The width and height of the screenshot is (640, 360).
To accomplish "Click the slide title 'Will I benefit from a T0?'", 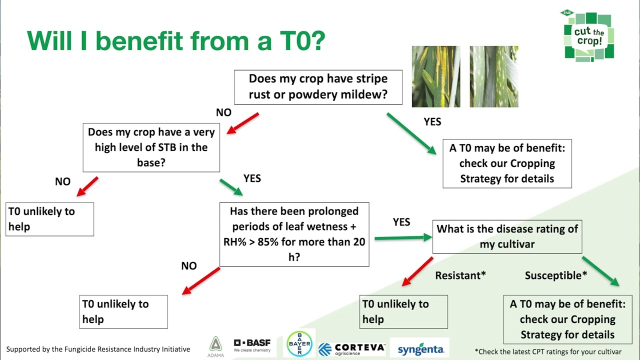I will pyautogui.click(x=176, y=40).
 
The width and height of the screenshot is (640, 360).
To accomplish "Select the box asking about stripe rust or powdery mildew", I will pyautogui.click(x=318, y=87).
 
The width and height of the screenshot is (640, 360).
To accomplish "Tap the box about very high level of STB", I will pyautogui.click(x=151, y=147).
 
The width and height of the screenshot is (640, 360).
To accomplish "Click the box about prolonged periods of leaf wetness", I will pyautogui.click(x=294, y=234).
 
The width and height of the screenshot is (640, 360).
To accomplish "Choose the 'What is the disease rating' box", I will pyautogui.click(x=507, y=236).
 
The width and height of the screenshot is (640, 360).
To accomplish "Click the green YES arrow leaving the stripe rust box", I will pyautogui.click(x=411, y=132).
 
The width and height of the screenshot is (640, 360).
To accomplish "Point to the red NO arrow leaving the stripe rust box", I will pyautogui.click(x=242, y=123).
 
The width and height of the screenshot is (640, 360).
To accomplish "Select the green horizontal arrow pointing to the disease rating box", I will pyautogui.click(x=403, y=238).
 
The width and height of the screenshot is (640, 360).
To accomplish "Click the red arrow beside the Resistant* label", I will pyautogui.click(x=417, y=271).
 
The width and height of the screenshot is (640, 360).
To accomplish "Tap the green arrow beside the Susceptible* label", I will pyautogui.click(x=600, y=271).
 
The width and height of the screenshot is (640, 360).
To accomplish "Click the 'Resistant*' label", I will pyautogui.click(x=460, y=275).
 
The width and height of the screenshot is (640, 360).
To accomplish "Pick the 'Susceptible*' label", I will pyautogui.click(x=555, y=275).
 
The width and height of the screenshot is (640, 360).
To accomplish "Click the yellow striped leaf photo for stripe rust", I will pyautogui.click(x=435, y=76).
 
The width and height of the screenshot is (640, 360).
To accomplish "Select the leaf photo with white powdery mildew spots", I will pyautogui.click(x=493, y=76).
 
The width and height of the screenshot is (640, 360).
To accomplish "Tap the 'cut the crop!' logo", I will pyautogui.click(x=587, y=36).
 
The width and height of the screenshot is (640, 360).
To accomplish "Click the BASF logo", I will pyautogui.click(x=252, y=345).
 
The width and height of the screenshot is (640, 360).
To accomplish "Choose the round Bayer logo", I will pyautogui.click(x=299, y=344).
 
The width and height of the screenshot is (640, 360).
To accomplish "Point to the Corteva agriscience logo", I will pyautogui.click(x=352, y=348).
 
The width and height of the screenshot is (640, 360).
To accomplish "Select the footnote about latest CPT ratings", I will pyautogui.click(x=548, y=351).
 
